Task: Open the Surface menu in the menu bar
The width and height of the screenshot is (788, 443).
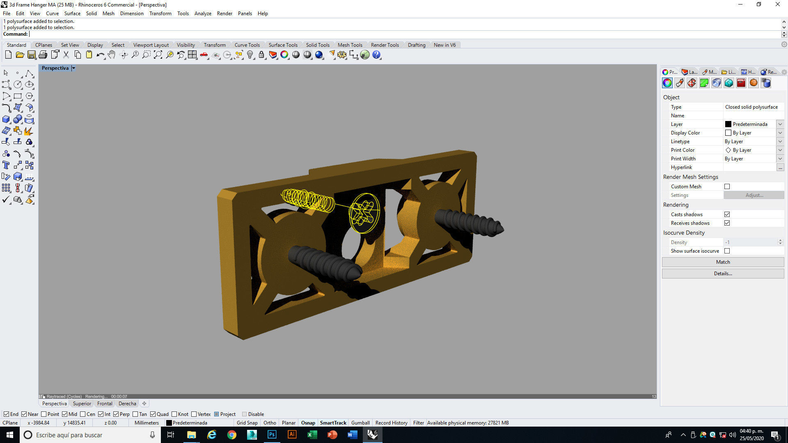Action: tap(72, 14)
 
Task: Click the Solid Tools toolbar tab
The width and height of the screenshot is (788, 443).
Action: tap(317, 45)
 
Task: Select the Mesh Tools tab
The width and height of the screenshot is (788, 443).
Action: tap(350, 45)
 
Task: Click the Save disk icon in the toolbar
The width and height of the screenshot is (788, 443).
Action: tap(31, 55)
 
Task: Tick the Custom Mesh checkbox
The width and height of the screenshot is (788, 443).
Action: tap(727, 187)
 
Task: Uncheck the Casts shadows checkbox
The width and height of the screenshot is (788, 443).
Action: tap(727, 215)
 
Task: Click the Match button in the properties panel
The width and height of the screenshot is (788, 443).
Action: tap(722, 262)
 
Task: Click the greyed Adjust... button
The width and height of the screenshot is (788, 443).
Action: tap(754, 195)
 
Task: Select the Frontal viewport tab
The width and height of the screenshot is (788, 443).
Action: tap(105, 404)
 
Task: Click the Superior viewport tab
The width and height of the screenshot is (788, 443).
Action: tap(82, 404)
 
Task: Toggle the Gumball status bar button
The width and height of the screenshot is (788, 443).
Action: tap(360, 423)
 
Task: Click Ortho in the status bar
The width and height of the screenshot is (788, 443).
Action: tap(270, 423)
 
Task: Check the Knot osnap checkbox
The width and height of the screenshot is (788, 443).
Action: tap(174, 414)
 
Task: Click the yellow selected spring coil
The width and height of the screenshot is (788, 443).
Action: tap(308, 200)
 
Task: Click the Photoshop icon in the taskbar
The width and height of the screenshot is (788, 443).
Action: tap(272, 435)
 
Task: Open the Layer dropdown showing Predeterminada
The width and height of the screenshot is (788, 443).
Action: tap(780, 124)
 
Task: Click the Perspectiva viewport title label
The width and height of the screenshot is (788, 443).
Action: tap(55, 68)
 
